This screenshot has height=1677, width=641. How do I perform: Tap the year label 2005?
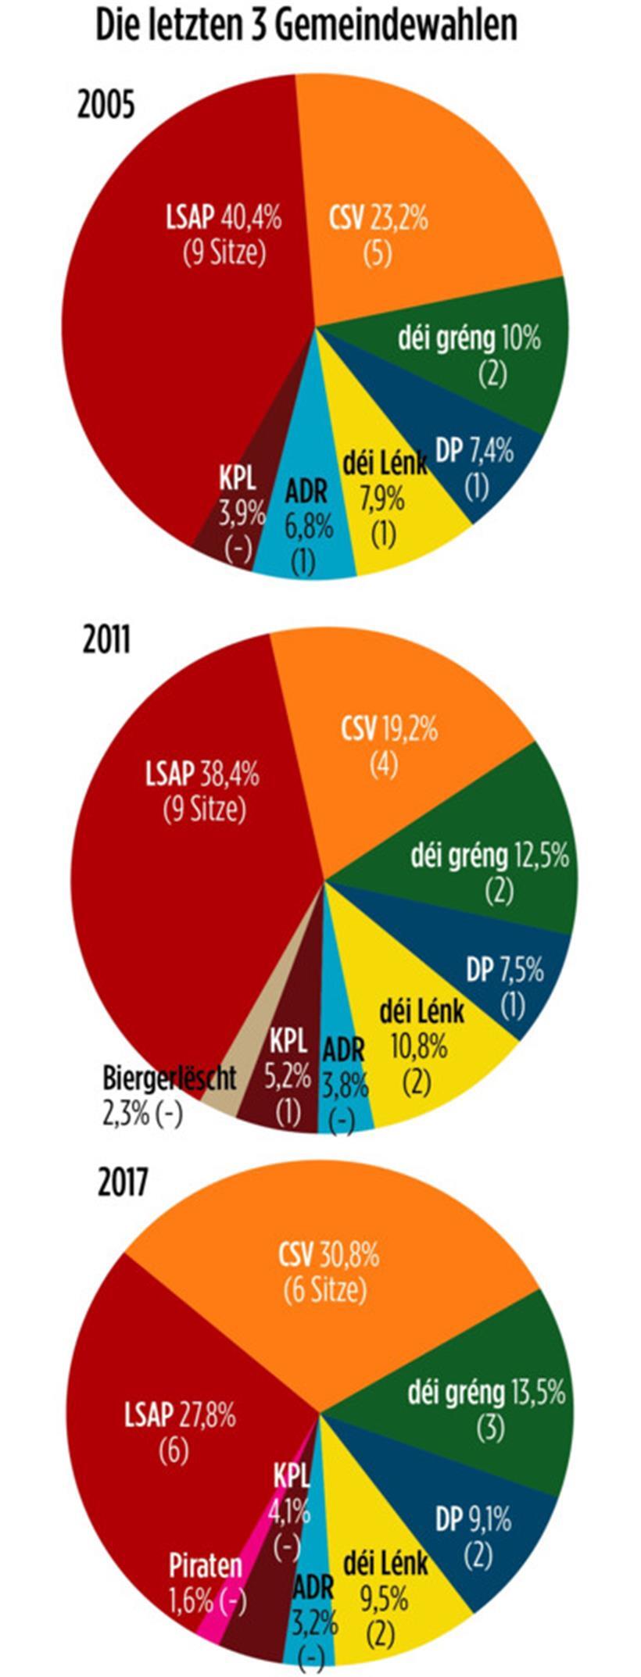[x=106, y=105]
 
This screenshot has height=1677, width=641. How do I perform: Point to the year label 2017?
[x=122, y=1182]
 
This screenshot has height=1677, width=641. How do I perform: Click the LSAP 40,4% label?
[x=224, y=217]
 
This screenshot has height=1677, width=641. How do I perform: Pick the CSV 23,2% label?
[x=378, y=217]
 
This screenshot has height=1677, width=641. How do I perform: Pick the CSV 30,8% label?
[x=328, y=1255]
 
